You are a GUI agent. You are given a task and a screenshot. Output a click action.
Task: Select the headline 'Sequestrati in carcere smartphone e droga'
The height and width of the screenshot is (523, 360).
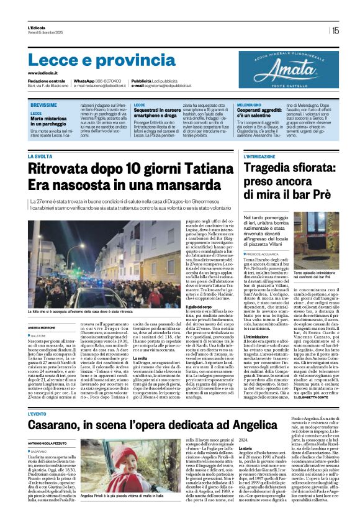click(x=160, y=113)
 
